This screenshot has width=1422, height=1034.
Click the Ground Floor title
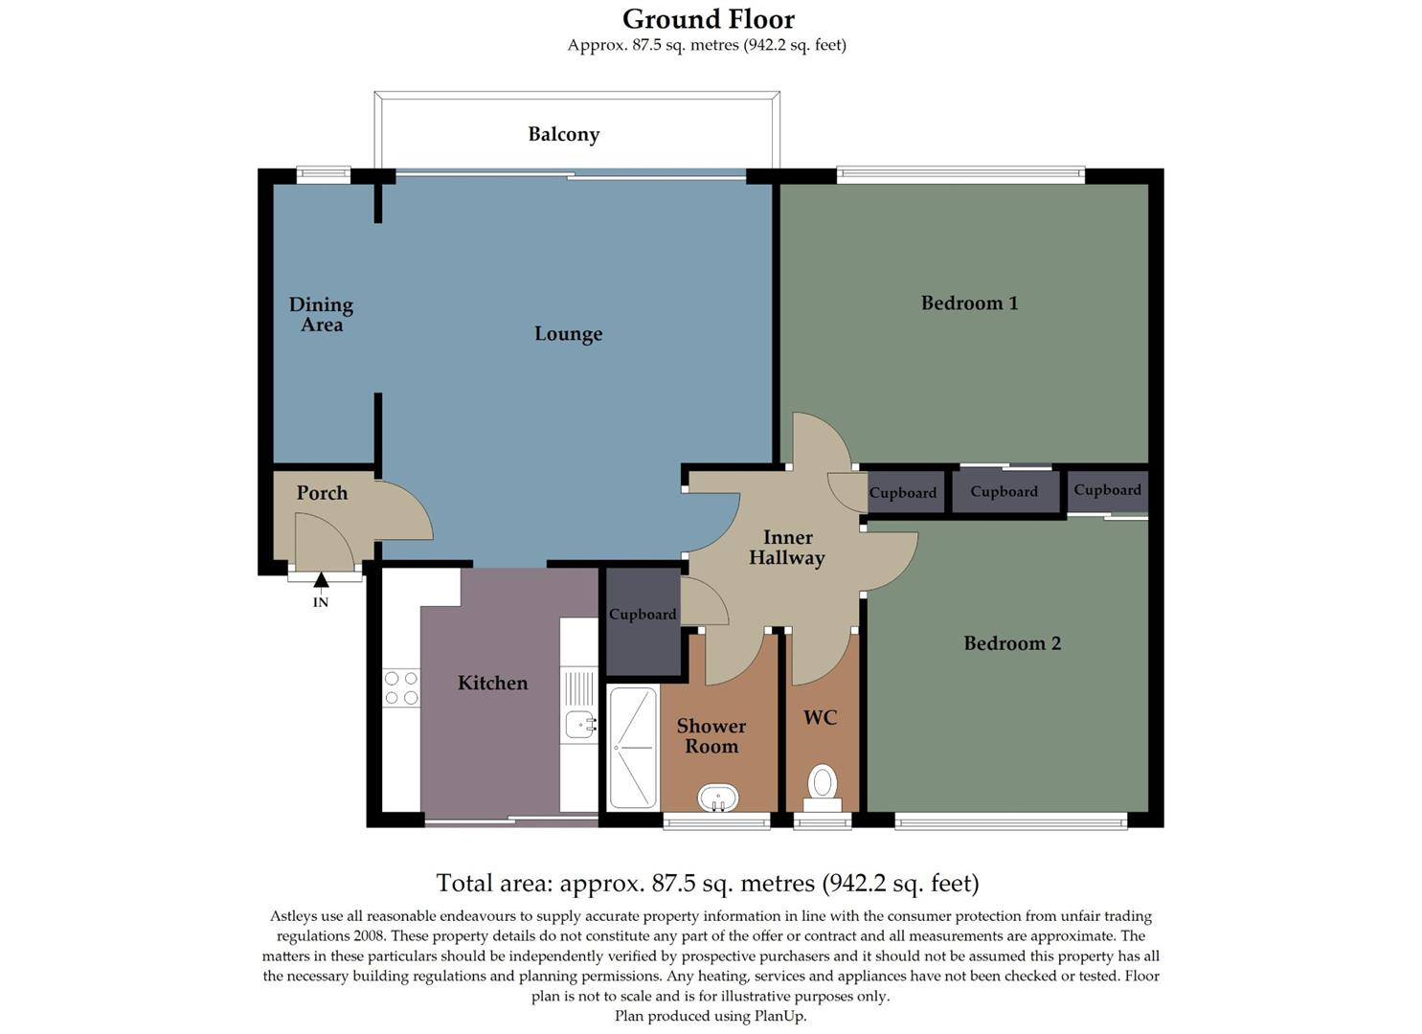click(708, 19)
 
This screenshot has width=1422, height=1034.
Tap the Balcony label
click(563, 134)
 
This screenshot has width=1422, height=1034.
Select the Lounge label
click(568, 333)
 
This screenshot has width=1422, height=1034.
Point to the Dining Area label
click(321, 314)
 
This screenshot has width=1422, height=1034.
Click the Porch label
click(321, 493)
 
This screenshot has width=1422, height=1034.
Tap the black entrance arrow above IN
click(321, 579)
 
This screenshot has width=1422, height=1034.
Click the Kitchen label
click(492, 683)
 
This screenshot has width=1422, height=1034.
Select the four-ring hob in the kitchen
click(401, 686)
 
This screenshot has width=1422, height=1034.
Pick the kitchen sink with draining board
click(579, 708)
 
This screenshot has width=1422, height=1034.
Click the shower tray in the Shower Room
click(633, 747)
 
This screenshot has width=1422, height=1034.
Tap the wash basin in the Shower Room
click(717, 797)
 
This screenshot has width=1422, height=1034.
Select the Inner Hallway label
click(786, 548)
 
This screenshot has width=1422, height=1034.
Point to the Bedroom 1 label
click(969, 303)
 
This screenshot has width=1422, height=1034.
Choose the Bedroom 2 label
click(1012, 643)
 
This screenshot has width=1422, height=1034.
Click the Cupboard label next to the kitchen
click(643, 615)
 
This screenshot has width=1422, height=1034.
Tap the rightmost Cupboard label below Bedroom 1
click(1107, 490)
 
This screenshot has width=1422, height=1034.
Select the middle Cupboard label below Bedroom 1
click(1004, 492)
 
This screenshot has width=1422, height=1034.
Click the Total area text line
click(707, 882)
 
